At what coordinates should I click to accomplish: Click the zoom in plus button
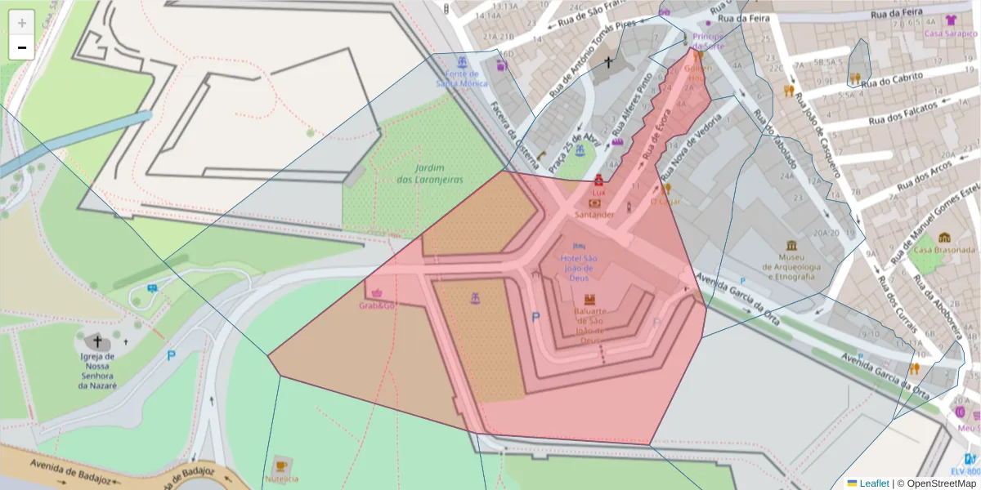pyautogui.click(x=22, y=23)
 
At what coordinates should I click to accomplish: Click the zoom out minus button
pyautogui.click(x=22, y=47)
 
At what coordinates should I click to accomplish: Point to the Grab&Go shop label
pyautogui.click(x=377, y=305)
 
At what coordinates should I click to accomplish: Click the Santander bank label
pyautogui.click(x=594, y=214)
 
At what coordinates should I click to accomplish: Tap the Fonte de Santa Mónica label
pyautogui.click(x=462, y=78)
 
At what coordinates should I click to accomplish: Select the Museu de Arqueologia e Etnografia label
pyautogui.click(x=790, y=266)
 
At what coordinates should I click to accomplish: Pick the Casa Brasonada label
pyautogui.click(x=944, y=249)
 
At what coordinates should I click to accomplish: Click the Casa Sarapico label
pyautogui.click(x=951, y=33)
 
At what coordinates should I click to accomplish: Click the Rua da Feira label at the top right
pyautogui.click(x=897, y=13)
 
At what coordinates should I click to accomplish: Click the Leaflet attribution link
pyautogui.click(x=873, y=483)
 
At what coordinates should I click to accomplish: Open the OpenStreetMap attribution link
pyautogui.click(x=935, y=483)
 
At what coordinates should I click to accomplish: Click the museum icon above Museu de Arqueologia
pyautogui.click(x=791, y=246)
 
